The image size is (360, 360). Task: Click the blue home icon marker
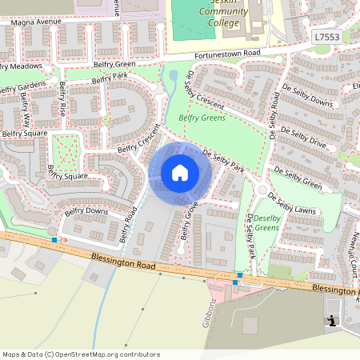180,173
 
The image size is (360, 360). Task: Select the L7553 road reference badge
326,37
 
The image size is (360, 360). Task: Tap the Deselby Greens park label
267,223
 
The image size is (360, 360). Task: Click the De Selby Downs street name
307,95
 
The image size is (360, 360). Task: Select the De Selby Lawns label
294,203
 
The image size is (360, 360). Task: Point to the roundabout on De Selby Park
262,190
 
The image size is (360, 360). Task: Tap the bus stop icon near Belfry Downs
54,239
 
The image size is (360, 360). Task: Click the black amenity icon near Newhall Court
330,321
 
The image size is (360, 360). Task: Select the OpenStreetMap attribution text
81,354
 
